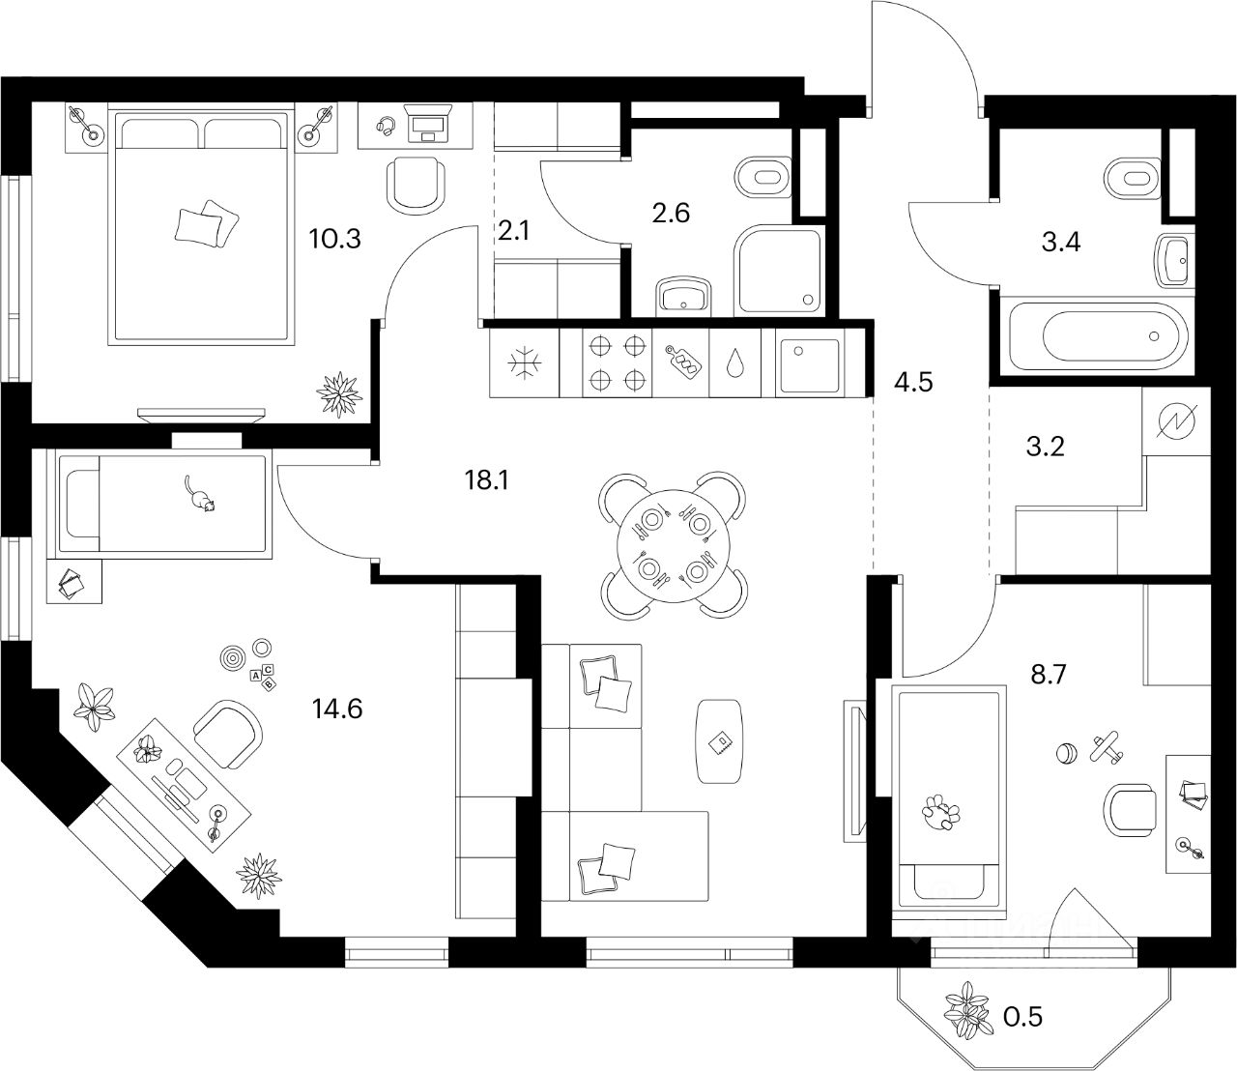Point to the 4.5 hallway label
(913, 381)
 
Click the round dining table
(674, 545)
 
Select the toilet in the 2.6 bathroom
(762, 178)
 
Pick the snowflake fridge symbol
(526, 362)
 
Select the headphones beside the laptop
(386, 126)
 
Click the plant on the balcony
(968, 1010)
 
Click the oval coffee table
(720, 740)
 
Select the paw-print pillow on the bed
(937, 812)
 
